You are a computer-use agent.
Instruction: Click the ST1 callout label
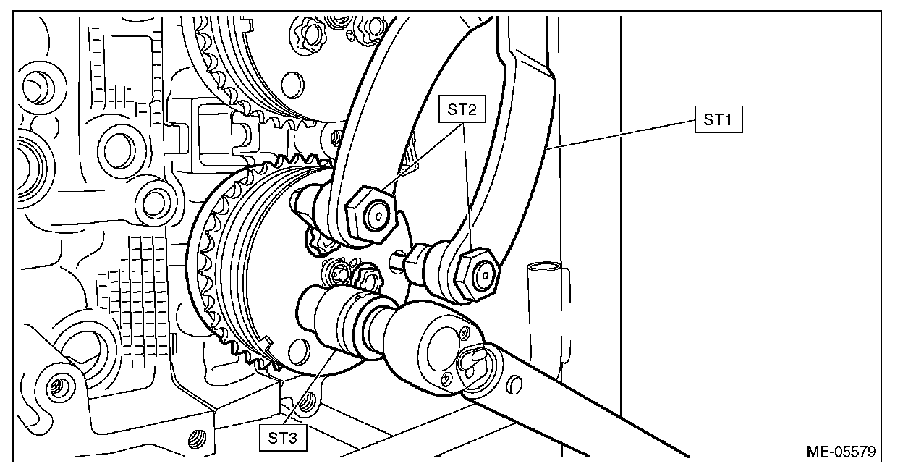pos(718,119)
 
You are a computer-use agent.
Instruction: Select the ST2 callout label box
pos(462,109)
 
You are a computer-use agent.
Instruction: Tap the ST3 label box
pos(283,438)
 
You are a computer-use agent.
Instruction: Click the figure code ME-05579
pos(841,451)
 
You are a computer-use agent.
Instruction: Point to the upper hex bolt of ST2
pos(371,214)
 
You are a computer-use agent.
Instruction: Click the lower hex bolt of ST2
pos(478,274)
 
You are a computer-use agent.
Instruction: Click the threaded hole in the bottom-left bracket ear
pos(59,387)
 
